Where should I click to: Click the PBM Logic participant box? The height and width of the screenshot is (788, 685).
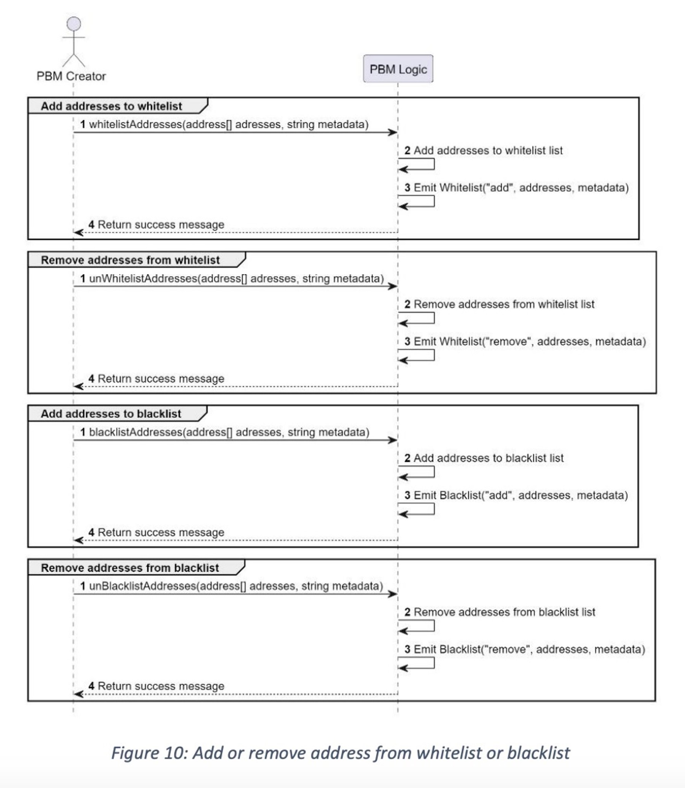point(398,69)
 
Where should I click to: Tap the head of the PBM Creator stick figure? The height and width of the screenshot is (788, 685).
point(74,24)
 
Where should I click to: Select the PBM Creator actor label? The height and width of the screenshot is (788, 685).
point(71,76)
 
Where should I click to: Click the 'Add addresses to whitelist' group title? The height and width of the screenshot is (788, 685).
point(111,106)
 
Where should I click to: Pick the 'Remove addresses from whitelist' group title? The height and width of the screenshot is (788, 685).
point(130,260)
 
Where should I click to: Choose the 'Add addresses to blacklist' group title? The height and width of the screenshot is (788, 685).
point(111,414)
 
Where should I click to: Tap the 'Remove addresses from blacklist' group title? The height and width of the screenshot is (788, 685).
point(130,568)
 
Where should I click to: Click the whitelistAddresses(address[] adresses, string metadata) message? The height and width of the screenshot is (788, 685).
point(228,124)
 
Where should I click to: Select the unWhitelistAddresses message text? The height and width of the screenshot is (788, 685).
point(236,278)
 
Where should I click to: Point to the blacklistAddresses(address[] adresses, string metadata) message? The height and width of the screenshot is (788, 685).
point(229,432)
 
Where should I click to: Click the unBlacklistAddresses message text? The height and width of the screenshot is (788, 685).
point(236,586)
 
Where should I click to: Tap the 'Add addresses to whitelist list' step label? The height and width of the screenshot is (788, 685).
point(488,150)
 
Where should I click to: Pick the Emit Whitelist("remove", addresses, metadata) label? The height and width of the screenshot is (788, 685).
point(529,341)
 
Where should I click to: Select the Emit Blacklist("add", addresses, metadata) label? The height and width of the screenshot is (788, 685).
point(520,495)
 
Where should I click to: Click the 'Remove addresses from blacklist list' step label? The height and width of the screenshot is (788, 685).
point(504,612)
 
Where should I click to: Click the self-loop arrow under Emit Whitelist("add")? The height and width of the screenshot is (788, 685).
point(417,201)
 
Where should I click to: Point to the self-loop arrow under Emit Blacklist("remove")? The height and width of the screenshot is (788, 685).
point(417,663)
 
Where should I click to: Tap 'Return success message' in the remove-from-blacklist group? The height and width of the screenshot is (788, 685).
point(161,686)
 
